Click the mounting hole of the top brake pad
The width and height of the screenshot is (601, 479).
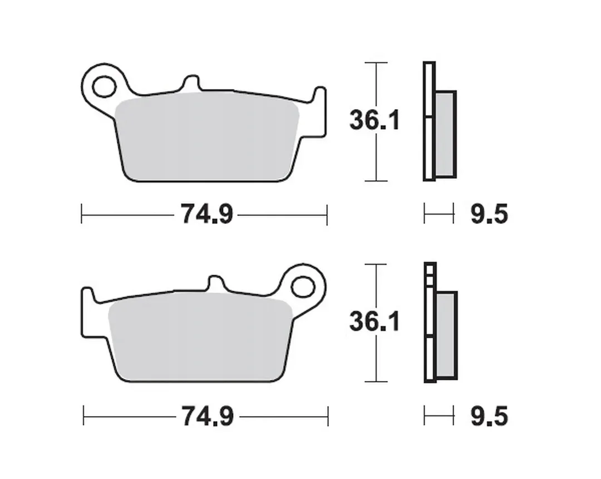pos(104,86)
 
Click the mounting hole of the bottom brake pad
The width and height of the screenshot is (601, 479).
pos(303,287)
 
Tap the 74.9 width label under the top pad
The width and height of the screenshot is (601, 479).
pos(206,214)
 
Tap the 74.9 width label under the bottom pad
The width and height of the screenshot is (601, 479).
pos(208,417)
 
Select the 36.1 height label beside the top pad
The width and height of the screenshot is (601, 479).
pos(375,120)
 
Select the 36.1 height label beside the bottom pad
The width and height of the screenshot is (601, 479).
pos(375,321)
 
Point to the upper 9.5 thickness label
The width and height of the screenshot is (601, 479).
pos(489,214)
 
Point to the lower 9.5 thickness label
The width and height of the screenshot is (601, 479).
pos(489,417)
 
